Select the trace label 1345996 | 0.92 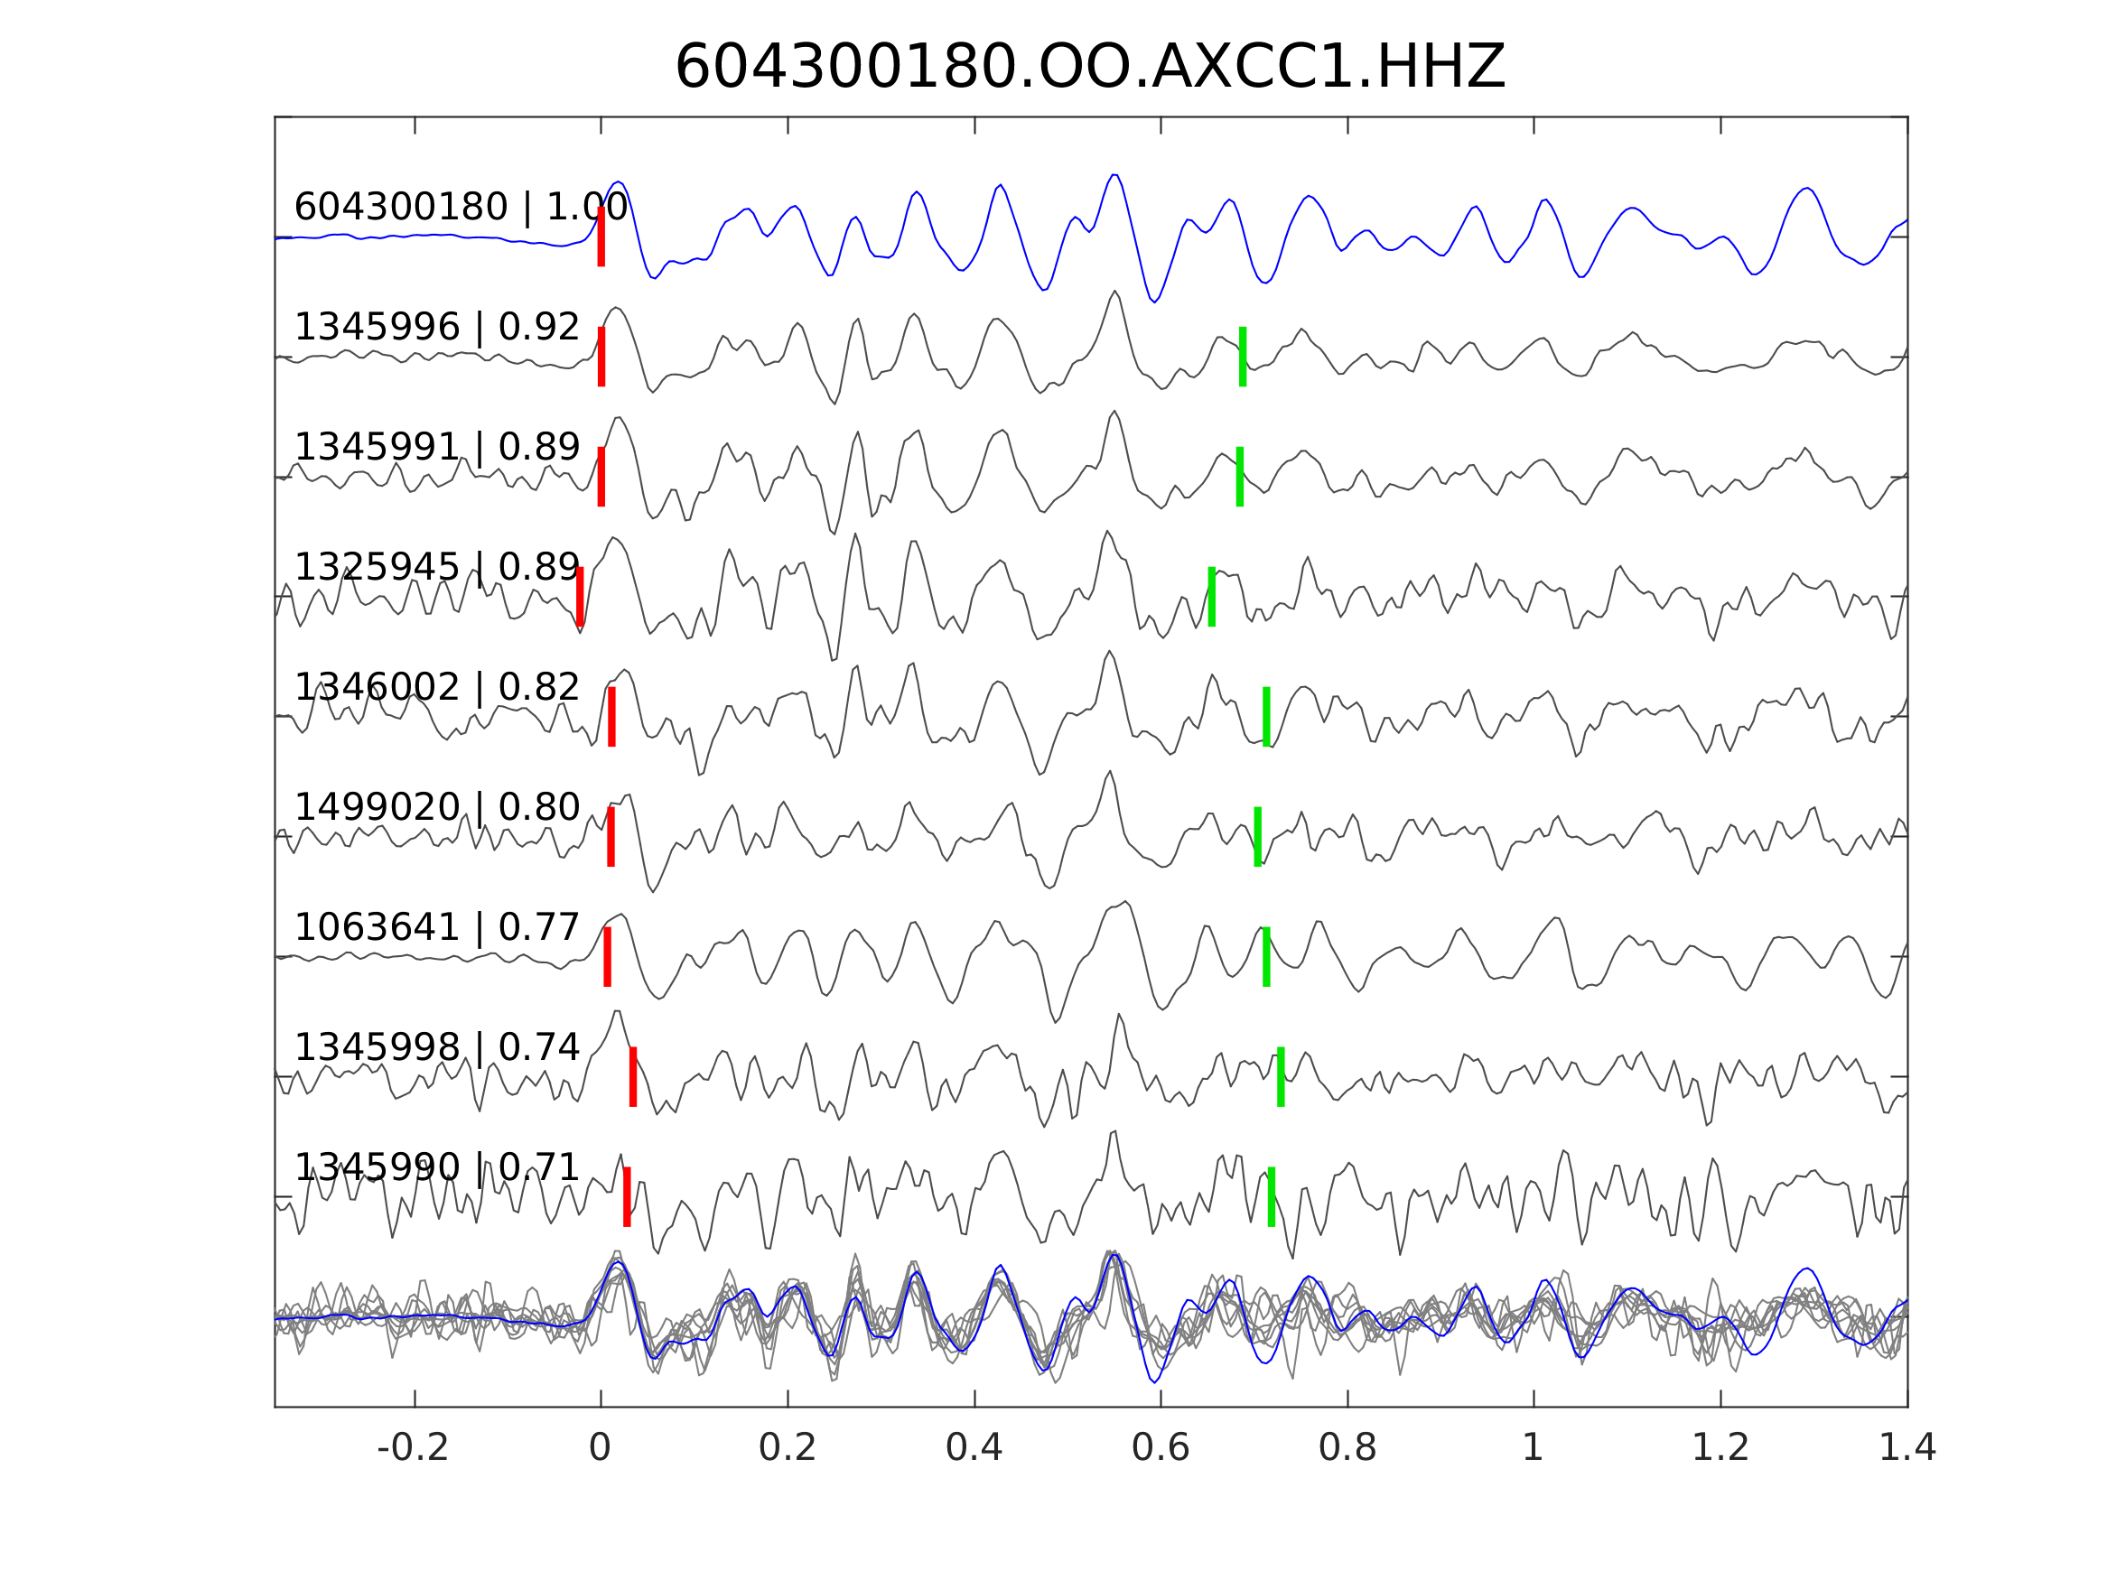[x=436, y=328]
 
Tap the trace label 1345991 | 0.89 [x=436, y=448]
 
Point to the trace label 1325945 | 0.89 [x=436, y=568]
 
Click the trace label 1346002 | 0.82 [x=436, y=688]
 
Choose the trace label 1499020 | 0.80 [x=436, y=808]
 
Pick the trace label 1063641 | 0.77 [x=436, y=927]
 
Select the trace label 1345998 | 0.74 [x=436, y=1047]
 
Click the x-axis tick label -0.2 [x=414, y=1448]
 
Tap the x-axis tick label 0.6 [x=1161, y=1448]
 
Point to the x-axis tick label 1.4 [x=1907, y=1448]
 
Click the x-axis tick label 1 [x=1533, y=1448]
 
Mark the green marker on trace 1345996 [x=1242, y=357]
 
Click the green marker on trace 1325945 [x=1212, y=596]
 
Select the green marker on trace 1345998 [x=1281, y=1076]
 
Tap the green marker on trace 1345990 [x=1272, y=1196]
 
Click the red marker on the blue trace [x=601, y=237]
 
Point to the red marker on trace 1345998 [x=633, y=1076]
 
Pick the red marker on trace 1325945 [x=580, y=596]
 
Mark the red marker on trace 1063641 [x=608, y=956]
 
